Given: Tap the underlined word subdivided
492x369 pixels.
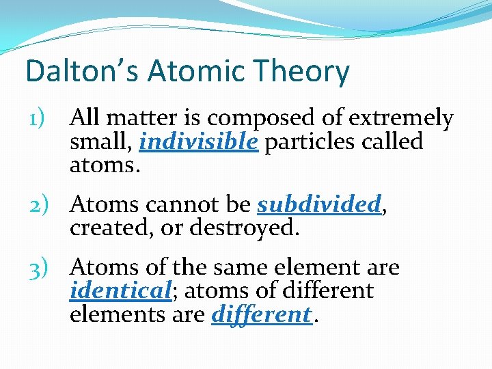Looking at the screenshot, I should pyautogui.click(x=318, y=204).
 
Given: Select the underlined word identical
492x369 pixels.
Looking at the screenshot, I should pyautogui.click(x=120, y=290).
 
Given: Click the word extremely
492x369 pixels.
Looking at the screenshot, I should pyautogui.click(x=401, y=119).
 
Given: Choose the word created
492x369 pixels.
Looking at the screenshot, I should pyautogui.click(x=102, y=227).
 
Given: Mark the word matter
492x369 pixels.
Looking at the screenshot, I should pyautogui.click(x=138, y=119).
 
